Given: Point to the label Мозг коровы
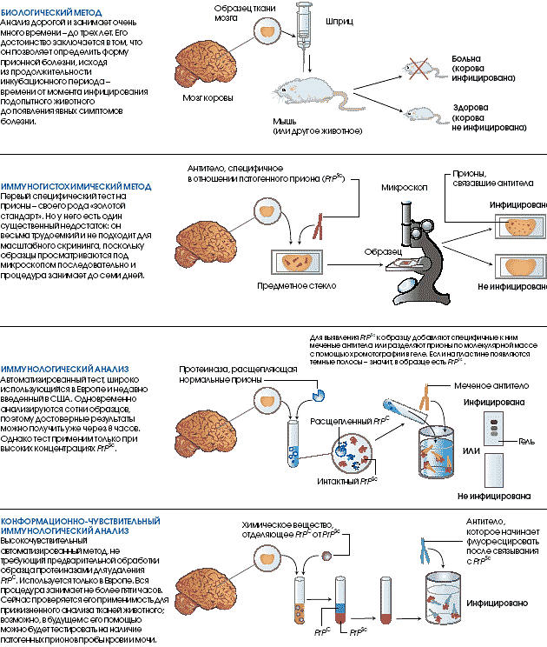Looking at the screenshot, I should (x=208, y=97).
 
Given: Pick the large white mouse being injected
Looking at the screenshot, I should (x=305, y=90).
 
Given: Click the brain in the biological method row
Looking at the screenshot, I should (x=206, y=57).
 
